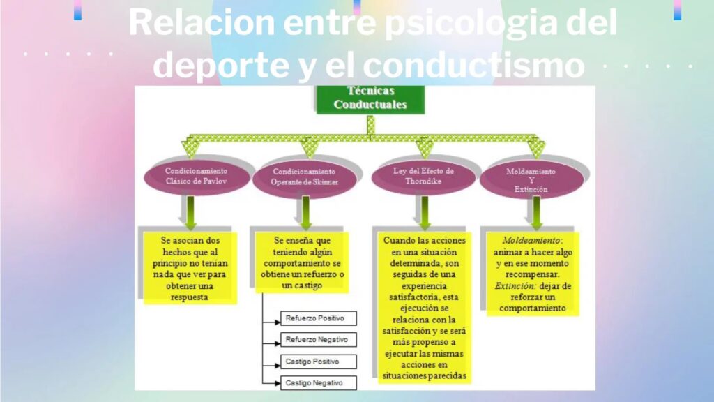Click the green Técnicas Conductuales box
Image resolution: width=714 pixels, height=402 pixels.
(x=370, y=98)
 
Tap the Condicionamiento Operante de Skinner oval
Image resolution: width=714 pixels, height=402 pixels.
(x=304, y=177)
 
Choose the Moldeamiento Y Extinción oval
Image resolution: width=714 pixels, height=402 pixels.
(x=531, y=179)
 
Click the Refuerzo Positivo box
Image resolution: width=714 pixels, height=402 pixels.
(x=317, y=318)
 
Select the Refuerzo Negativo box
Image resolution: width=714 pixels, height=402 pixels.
(x=317, y=340)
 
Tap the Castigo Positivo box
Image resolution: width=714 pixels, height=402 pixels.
(x=317, y=362)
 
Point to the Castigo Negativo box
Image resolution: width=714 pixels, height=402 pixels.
(x=317, y=383)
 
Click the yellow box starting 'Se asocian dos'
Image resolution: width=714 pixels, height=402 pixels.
(x=190, y=267)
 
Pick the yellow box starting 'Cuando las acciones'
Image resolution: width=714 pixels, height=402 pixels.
(x=424, y=308)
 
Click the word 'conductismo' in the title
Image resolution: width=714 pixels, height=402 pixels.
(x=473, y=66)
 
